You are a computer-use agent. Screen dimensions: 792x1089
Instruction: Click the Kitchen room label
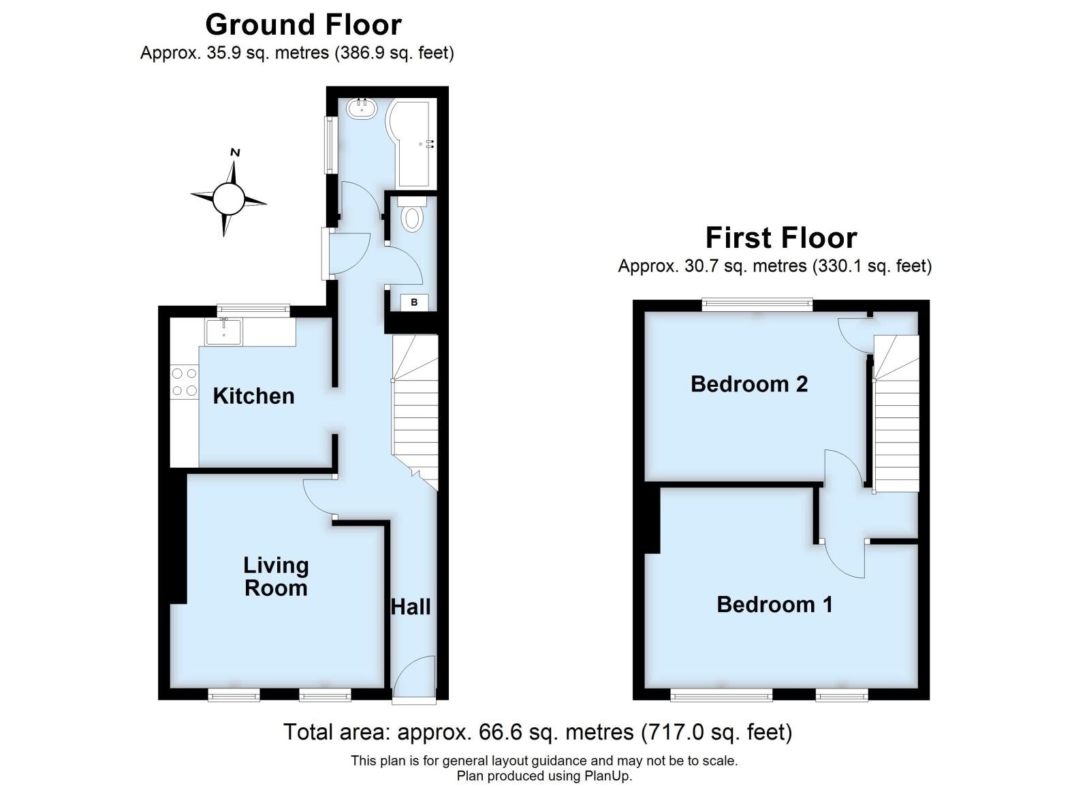point(253,396)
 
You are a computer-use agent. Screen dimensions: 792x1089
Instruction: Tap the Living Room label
point(276,576)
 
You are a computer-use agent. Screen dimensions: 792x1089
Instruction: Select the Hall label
point(411,606)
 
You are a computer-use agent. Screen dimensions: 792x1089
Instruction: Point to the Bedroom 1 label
point(774,604)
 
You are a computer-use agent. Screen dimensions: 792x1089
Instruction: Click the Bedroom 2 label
point(748,384)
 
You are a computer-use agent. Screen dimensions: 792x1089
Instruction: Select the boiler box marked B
point(414,302)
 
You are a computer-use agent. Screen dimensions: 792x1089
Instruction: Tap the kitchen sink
point(223,332)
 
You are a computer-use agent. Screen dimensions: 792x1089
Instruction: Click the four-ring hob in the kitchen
point(184,382)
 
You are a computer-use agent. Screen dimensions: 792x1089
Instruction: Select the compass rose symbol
point(228,199)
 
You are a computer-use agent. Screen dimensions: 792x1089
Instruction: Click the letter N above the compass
point(235,153)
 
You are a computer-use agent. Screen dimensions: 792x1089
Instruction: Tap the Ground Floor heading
point(303,25)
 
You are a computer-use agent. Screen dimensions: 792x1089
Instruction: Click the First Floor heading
point(780,238)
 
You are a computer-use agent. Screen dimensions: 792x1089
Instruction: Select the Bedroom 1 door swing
point(843,558)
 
